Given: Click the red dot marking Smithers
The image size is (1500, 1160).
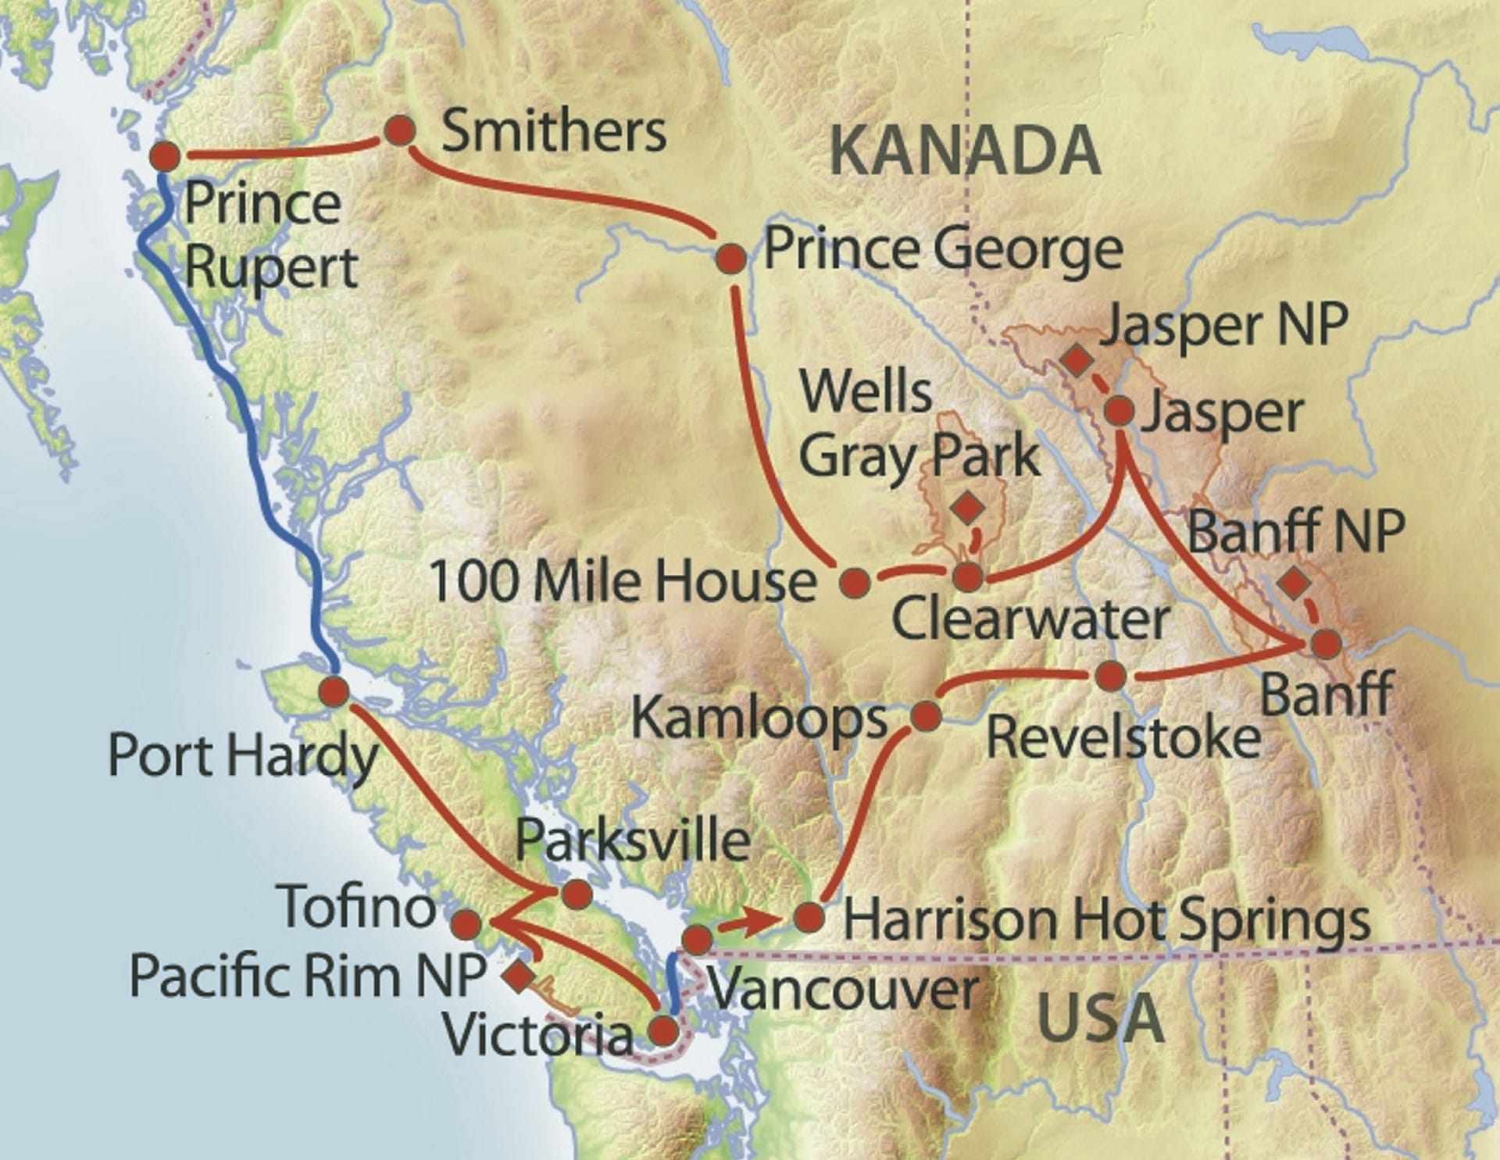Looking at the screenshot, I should pyautogui.click(x=400, y=130).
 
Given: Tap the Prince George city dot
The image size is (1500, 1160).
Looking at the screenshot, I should pyautogui.click(x=731, y=259).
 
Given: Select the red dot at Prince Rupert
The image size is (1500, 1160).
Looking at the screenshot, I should pyautogui.click(x=165, y=157).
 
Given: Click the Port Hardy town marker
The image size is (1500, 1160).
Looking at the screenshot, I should pyautogui.click(x=334, y=692).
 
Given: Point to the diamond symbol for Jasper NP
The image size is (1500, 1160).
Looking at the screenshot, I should pyautogui.click(x=1077, y=360).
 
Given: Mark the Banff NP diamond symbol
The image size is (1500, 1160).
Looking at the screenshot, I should pyautogui.click(x=1295, y=582).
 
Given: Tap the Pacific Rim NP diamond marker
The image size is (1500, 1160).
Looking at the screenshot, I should pyautogui.click(x=519, y=976).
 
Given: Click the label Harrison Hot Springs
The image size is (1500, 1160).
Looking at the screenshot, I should pyautogui.click(x=1105, y=919).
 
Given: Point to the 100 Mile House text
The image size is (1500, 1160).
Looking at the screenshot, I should pyautogui.click(x=623, y=582).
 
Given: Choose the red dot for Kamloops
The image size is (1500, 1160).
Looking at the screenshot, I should pyautogui.click(x=926, y=716).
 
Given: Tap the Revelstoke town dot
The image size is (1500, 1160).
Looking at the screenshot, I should pyautogui.click(x=1110, y=676).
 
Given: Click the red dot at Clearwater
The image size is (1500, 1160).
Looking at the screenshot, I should pyautogui.click(x=969, y=577).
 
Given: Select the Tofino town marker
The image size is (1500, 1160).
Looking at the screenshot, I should pyautogui.click(x=466, y=924).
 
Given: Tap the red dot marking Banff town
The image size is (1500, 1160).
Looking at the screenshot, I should pyautogui.click(x=1326, y=644).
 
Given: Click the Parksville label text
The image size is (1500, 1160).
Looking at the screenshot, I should pyautogui.click(x=633, y=841).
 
